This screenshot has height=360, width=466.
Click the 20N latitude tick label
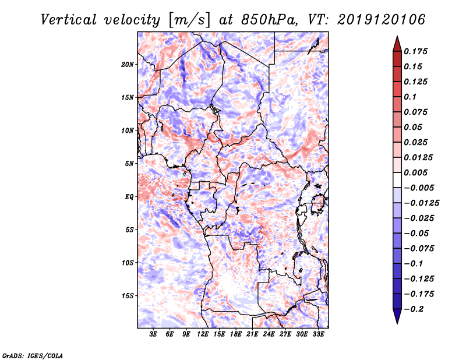pos(128,64)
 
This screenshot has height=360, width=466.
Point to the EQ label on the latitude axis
pos(129,197)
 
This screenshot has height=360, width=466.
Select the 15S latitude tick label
pos(128,296)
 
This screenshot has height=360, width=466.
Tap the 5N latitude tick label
pos(129,164)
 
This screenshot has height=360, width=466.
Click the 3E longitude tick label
pos(153,334)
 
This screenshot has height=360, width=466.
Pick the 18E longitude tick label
pos(236,334)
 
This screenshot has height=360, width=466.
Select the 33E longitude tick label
pos(318,334)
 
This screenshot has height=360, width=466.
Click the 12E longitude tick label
pos(203,334)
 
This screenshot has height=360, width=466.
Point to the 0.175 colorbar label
pos(415,51)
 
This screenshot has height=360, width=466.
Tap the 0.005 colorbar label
pos(415,172)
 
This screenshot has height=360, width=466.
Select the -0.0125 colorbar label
pos(421,203)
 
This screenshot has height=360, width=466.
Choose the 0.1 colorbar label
pos(410,97)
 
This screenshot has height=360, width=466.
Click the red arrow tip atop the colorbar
pos(397,37)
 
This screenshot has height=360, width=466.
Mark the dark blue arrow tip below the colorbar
pos(397,323)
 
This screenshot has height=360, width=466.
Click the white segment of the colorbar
pos(397,180)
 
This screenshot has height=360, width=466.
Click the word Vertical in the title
pos(69,20)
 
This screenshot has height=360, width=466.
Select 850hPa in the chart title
pos(270,20)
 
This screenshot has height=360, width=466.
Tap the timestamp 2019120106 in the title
pos(382,20)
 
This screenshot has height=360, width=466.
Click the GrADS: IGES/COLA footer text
pos(33,355)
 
